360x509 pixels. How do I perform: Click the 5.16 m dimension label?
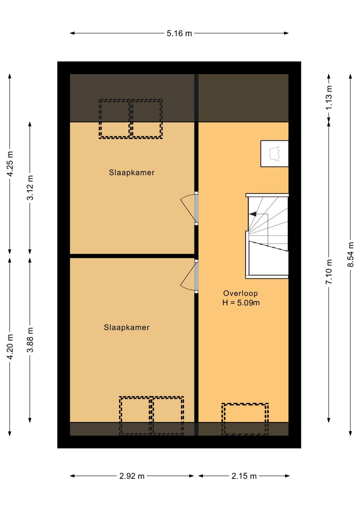point(179,33)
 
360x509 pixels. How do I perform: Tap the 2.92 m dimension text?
point(132,476)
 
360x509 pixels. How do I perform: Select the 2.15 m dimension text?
point(244,476)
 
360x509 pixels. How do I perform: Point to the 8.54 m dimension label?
point(351,255)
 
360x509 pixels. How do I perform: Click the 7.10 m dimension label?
point(329,271)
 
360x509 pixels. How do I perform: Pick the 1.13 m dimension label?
point(329,98)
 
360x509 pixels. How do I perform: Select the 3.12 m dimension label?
point(30,188)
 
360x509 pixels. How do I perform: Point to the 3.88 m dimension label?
point(30,340)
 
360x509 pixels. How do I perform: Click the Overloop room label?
point(240,293)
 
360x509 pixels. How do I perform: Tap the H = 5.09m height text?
point(241,303)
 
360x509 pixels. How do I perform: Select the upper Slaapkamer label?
point(132,172)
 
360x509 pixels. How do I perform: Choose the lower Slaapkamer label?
point(127,327)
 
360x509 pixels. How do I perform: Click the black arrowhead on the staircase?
point(252,214)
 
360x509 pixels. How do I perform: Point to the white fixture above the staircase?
point(274,154)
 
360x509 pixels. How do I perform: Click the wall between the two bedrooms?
point(132,256)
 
